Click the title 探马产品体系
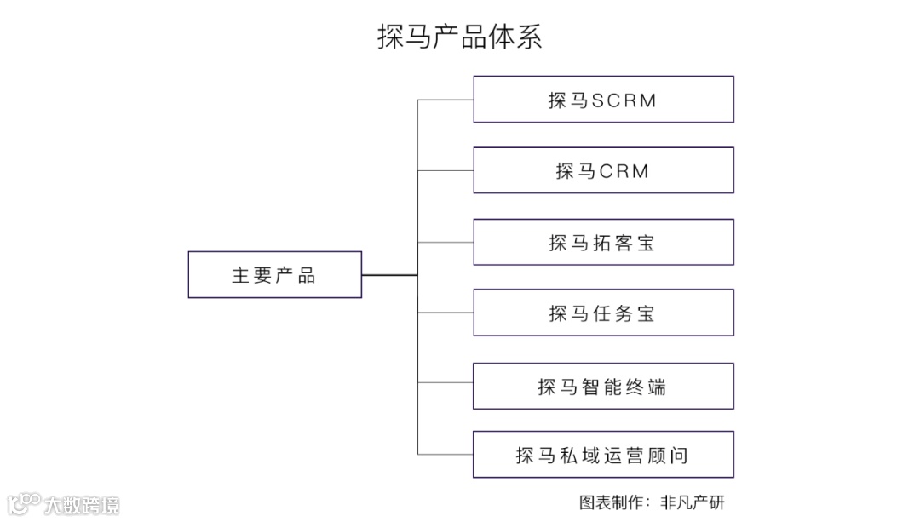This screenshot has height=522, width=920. [460, 37]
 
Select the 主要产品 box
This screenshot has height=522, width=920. [274, 274]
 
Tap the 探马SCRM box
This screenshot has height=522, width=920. [603, 100]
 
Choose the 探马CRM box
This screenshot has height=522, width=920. [603, 170]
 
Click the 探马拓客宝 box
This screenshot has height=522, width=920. [603, 242]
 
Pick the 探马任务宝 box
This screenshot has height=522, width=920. [603, 313]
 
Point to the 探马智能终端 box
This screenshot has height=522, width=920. [603, 386]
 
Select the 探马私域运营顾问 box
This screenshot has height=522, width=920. [603, 455]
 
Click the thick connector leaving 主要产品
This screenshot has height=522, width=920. [389, 275]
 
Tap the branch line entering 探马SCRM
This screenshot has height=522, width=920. [446, 100]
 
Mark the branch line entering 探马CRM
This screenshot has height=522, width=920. [446, 170]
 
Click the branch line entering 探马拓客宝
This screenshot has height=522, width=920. [446, 242]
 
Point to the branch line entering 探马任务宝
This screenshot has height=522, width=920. [446, 313]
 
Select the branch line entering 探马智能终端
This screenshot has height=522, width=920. [446, 386]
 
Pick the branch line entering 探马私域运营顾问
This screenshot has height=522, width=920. [446, 455]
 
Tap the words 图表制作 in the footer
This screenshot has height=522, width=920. [609, 502]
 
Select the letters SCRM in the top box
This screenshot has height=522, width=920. [624, 100]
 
